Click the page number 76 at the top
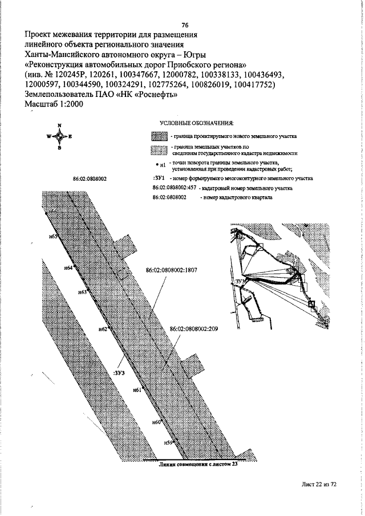click(x=185, y=25)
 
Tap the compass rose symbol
click(x=59, y=136)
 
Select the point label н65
click(x=55, y=237)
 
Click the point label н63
click(x=82, y=292)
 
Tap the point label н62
click(x=103, y=329)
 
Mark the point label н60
click(x=157, y=422)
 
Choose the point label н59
click(x=168, y=442)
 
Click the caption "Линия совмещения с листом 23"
click(x=198, y=464)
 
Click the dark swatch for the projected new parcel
click(x=159, y=137)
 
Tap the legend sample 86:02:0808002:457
click(x=175, y=188)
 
